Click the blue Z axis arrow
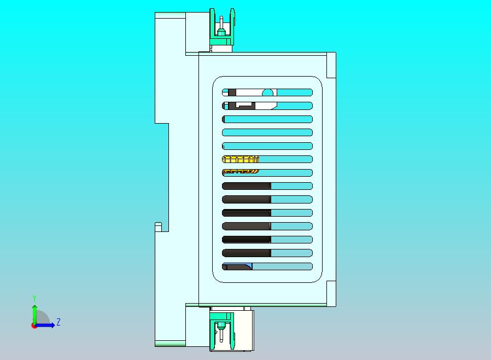(44, 326)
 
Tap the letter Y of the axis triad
(34, 298)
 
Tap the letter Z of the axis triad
(59, 322)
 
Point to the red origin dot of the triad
(33, 326)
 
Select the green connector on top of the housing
(222, 27)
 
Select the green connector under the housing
(222, 330)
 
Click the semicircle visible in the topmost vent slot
(267, 92)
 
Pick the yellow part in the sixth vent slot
(241, 159)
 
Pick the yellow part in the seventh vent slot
(241, 171)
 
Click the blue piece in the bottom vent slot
(249, 266)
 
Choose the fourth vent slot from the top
(267, 132)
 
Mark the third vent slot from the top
(267, 119)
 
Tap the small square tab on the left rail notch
(159, 227)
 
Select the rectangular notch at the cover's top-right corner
(331, 65)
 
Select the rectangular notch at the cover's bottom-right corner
(331, 293)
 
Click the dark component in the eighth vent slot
(247, 186)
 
